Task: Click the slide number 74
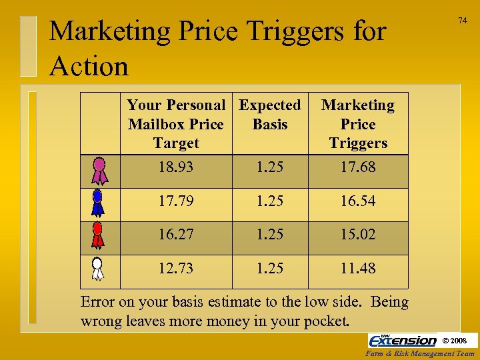click(462, 21)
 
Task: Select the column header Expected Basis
click(270, 115)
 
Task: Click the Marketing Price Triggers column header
click(358, 124)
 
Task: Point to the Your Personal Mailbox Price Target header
click(176, 124)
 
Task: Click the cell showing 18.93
click(176, 167)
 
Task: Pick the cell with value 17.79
click(176, 201)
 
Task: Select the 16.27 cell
click(176, 235)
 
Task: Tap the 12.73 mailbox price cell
click(176, 268)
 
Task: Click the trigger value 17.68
click(358, 167)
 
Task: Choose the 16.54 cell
click(358, 201)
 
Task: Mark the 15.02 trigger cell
click(358, 235)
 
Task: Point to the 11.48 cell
click(358, 268)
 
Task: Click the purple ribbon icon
click(99, 170)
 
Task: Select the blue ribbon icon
click(98, 203)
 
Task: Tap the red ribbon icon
click(98, 237)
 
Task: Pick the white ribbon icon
click(98, 269)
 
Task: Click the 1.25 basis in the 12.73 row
click(270, 268)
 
